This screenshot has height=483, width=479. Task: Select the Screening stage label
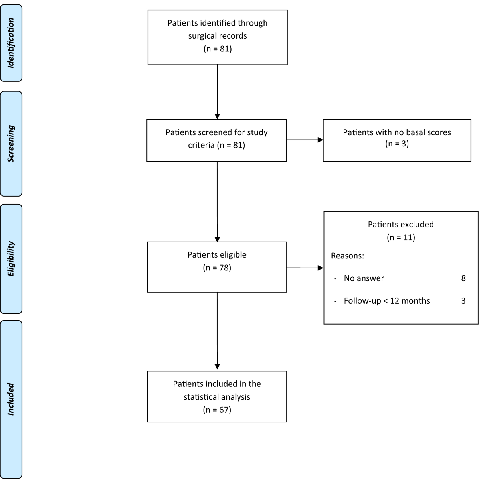[x=11, y=144]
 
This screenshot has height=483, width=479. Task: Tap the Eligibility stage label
[x=11, y=259]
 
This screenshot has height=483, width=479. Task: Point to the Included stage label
[x=11, y=399]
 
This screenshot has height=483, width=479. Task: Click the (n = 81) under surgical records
[x=217, y=49]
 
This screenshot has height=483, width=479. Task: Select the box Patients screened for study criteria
[x=217, y=140]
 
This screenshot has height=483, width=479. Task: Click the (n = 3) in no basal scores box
[x=397, y=144]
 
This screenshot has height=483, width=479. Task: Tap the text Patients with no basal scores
[x=397, y=132]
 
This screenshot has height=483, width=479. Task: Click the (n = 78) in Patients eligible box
[x=217, y=268]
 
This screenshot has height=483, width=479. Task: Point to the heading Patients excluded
[x=401, y=224]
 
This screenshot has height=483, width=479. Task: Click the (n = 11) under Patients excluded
[x=401, y=237]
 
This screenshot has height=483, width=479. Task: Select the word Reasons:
[x=347, y=256]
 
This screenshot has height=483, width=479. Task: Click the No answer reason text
[x=364, y=278]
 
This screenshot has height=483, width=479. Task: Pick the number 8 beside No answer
[x=463, y=278]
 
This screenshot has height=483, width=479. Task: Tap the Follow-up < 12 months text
[x=386, y=301]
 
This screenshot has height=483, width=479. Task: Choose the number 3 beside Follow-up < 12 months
[x=463, y=301]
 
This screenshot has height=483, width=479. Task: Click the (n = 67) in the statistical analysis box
[x=217, y=410]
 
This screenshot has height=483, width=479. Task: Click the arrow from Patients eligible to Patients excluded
[x=305, y=268]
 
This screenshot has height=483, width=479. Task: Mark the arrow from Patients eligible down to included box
[x=217, y=331]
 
